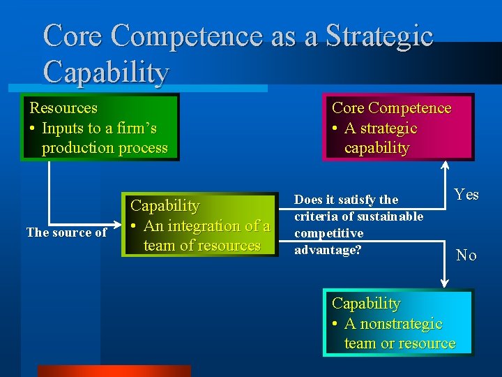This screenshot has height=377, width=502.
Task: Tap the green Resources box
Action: click(100, 127)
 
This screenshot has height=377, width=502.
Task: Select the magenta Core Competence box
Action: click(397, 127)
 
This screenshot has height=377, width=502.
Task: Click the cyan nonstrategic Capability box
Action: click(398, 323)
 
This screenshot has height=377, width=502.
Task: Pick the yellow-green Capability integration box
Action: click(199, 226)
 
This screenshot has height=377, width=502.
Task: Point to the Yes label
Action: click(466, 195)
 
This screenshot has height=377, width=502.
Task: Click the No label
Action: click(466, 256)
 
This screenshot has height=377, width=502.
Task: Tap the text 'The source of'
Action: click(66, 232)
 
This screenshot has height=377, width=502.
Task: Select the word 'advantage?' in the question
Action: click(328, 250)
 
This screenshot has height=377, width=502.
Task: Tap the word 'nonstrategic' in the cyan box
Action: click(393, 324)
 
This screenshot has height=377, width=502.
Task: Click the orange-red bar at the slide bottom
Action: click(114, 371)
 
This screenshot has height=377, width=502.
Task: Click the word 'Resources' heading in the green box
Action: click(63, 108)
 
